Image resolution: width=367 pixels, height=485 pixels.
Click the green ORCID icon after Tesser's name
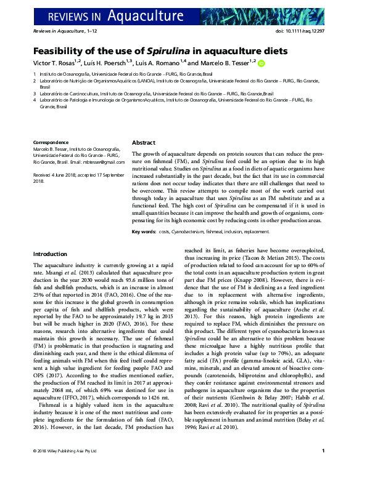pyautogui.click(x=261, y=63)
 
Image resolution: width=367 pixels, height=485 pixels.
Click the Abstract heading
pyautogui.click(x=144, y=142)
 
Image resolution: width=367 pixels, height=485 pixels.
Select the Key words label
pyautogui.click(x=144, y=232)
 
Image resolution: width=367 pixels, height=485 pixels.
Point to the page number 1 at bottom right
pyautogui.click(x=323, y=469)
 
